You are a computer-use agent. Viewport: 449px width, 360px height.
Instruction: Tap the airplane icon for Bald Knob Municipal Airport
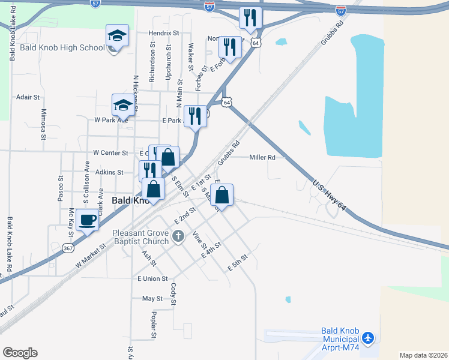coord(368,339)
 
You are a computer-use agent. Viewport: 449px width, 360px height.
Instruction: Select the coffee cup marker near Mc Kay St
coord(88,220)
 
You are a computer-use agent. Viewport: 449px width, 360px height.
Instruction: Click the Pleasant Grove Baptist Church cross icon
coord(178,237)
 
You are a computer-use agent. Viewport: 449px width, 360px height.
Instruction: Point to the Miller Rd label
coord(262,158)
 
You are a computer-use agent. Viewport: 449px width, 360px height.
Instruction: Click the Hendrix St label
coord(164,34)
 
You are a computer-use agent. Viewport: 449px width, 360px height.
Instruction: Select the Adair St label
coord(28,97)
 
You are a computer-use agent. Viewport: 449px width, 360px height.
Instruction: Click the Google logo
coord(20,353)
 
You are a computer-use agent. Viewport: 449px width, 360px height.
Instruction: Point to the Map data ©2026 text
coord(423,355)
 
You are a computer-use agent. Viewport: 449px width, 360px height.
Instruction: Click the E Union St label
coord(152,278)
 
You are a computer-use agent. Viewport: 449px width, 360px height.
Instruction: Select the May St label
coord(152,298)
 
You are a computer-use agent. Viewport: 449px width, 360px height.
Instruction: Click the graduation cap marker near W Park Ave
coord(123,105)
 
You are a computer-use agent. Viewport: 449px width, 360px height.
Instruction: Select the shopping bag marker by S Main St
coord(222,196)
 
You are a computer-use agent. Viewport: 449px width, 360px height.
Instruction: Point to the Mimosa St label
coord(44,123)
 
